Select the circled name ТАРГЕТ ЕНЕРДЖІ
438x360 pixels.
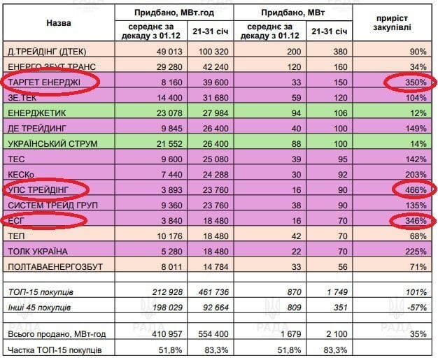tap(44, 82)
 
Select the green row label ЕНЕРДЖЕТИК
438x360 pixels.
tap(36, 113)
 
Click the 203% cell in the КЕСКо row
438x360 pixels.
tap(416, 175)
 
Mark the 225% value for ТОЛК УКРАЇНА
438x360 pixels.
tap(416, 251)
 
